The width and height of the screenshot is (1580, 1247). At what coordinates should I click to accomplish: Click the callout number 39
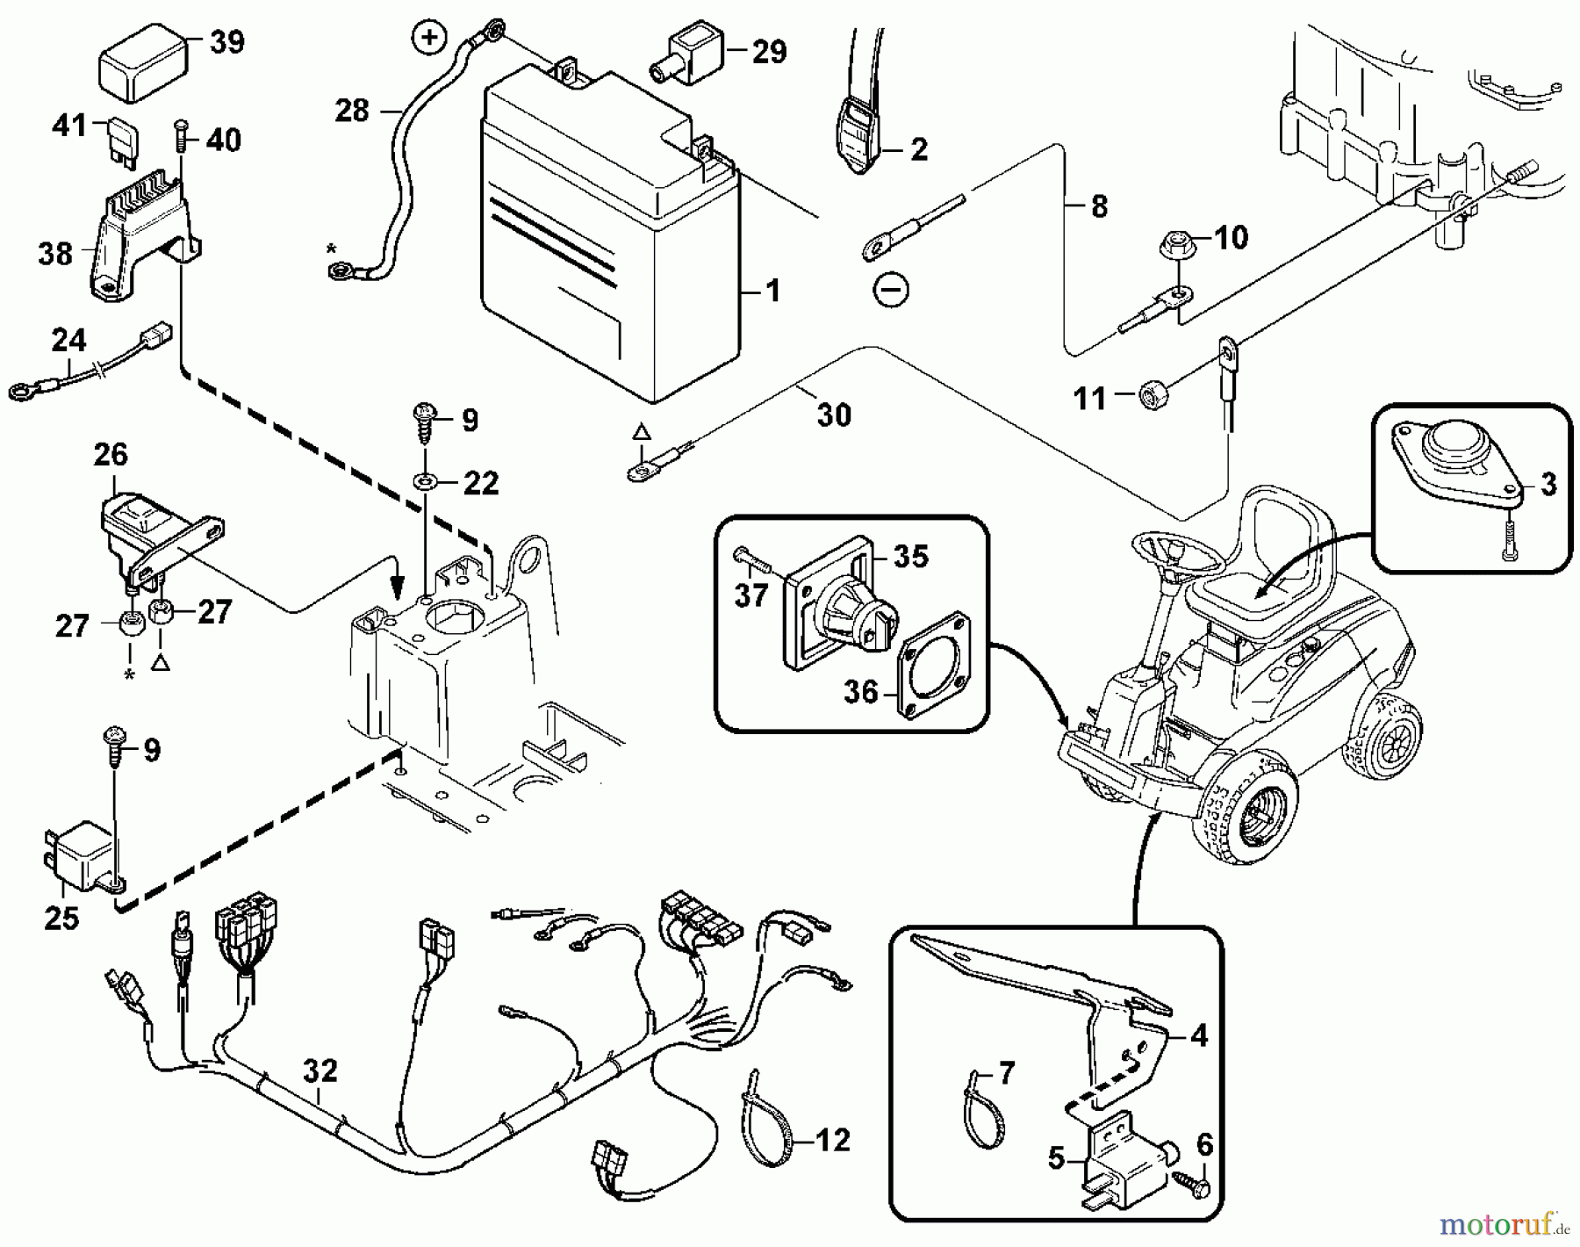[x=227, y=41]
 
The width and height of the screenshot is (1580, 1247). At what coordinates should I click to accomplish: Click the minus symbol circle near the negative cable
[x=892, y=289]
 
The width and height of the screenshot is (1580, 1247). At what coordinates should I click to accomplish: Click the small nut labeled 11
[x=1150, y=396]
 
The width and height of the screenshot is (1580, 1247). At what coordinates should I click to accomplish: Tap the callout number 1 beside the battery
[x=772, y=291]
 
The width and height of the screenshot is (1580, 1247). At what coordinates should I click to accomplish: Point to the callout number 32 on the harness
[x=320, y=1070]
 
